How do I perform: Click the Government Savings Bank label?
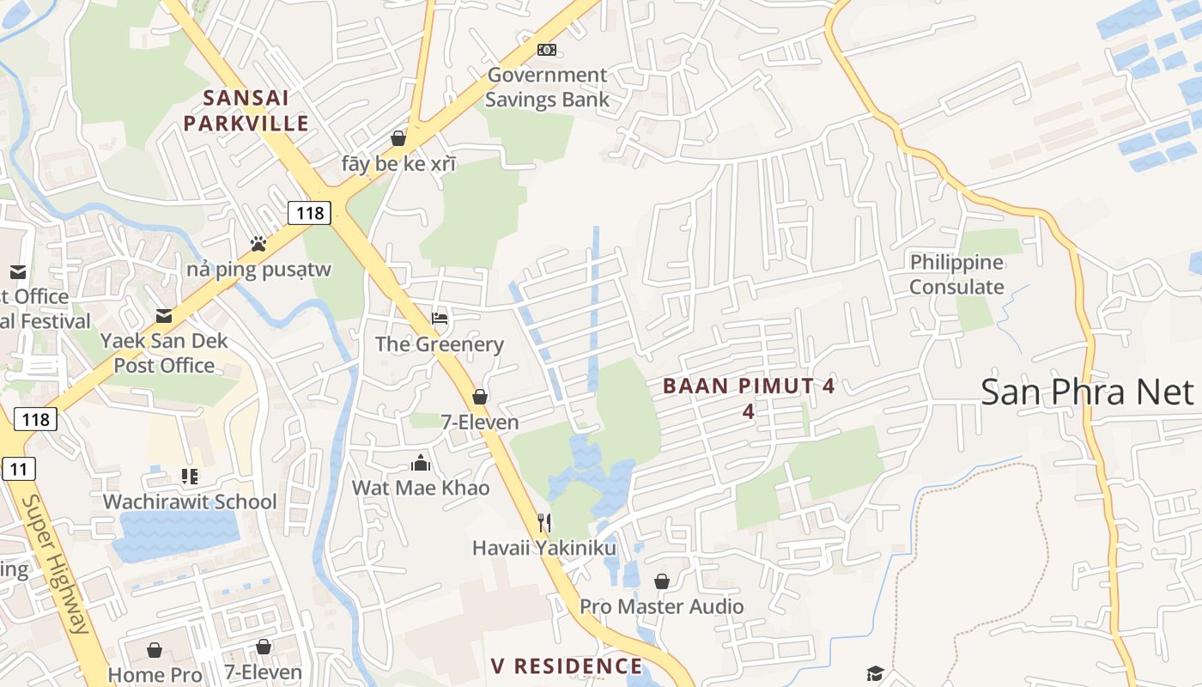click(547, 87)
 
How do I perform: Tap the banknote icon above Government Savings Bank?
click(547, 50)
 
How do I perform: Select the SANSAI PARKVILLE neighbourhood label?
click(246, 111)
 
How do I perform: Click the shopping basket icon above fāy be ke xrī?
click(398, 137)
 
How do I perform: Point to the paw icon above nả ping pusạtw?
click(258, 244)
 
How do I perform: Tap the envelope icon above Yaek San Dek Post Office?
click(164, 316)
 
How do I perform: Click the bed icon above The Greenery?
click(440, 319)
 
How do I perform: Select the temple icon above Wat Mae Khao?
click(421, 464)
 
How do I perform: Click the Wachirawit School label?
click(190, 502)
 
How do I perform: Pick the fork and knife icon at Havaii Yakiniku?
click(543, 522)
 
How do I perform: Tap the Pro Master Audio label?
click(661, 606)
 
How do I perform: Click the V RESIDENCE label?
click(567, 666)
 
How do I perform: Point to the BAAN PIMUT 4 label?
click(749, 386)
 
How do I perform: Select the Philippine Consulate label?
click(956, 275)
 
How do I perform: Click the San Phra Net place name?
click(1087, 392)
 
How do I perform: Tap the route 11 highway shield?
click(18, 469)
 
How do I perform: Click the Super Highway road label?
click(58, 563)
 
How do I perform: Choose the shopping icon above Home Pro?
click(155, 649)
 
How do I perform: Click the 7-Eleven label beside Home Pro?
click(264, 672)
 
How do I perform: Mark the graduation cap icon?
click(875, 673)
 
